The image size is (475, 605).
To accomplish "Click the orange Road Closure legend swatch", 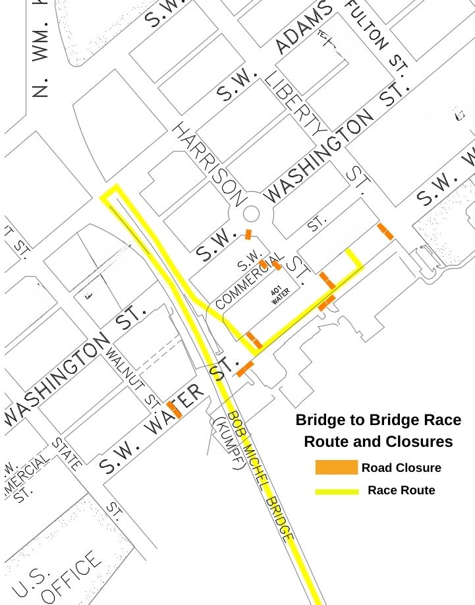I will (336, 467).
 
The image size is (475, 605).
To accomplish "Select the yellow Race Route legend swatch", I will (336, 491).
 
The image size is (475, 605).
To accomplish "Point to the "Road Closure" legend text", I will (401, 468).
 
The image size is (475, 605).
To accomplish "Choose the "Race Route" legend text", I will (401, 490).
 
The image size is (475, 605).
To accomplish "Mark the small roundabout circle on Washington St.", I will (251, 214).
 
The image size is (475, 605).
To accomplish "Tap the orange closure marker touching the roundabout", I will (248, 234).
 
